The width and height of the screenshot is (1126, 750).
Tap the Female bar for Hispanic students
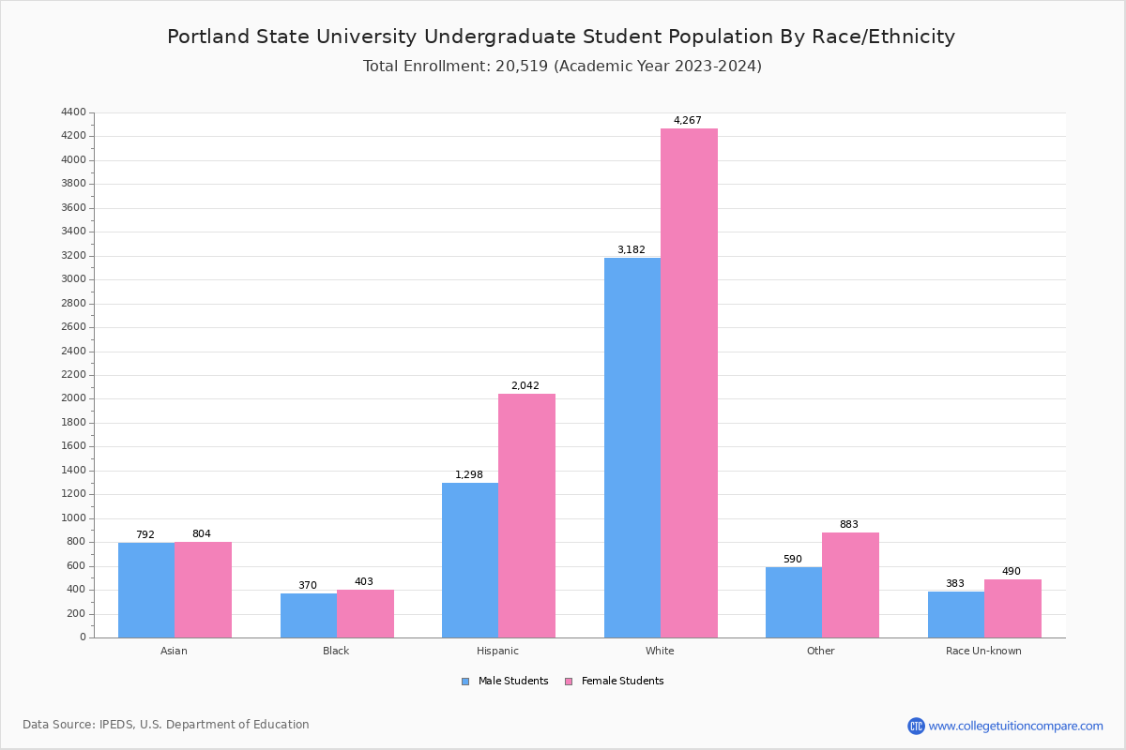tap(526, 516)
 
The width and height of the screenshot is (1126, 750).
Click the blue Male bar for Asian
tap(146, 590)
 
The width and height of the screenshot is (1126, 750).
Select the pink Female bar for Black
tap(365, 613)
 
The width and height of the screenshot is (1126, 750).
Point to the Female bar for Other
tap(850, 585)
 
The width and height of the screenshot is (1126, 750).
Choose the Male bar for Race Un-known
tap(955, 614)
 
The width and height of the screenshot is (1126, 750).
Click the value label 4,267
tap(687, 120)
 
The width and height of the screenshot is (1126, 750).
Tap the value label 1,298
tap(469, 474)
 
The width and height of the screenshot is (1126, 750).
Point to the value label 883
tap(849, 524)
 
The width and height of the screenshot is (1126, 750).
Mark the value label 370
tap(308, 585)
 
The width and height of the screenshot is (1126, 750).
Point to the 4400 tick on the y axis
tap(73, 112)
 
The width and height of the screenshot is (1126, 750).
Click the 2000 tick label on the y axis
tap(73, 398)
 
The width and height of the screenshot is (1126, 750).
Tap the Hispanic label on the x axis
tap(497, 651)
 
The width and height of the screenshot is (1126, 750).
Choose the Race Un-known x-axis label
tap(983, 651)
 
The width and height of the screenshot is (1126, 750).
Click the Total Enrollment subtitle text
tap(562, 67)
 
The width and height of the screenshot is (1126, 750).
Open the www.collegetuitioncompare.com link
tap(1015, 726)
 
